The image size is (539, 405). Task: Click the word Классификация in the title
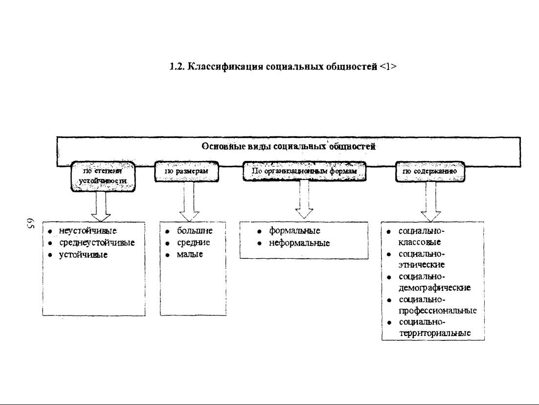(x=225, y=67)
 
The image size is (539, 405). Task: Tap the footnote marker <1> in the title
(x=388, y=67)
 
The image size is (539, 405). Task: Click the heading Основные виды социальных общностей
(x=289, y=146)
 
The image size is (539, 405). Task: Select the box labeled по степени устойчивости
(x=103, y=176)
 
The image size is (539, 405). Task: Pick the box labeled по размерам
(x=187, y=171)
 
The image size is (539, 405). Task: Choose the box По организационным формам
(x=304, y=171)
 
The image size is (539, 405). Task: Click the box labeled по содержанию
(x=430, y=171)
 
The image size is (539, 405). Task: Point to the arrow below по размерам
(x=189, y=202)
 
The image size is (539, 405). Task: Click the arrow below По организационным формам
(x=304, y=200)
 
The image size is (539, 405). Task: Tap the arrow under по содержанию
(x=431, y=202)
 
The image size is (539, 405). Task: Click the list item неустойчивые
(x=88, y=231)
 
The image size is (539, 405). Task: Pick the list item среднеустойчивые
(x=96, y=243)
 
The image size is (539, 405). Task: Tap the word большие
(x=195, y=231)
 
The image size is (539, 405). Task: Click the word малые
(x=190, y=254)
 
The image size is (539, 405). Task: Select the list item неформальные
(x=299, y=243)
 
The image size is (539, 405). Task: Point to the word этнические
(x=422, y=265)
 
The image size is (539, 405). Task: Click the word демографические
(x=434, y=288)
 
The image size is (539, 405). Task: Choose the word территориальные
(x=435, y=333)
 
